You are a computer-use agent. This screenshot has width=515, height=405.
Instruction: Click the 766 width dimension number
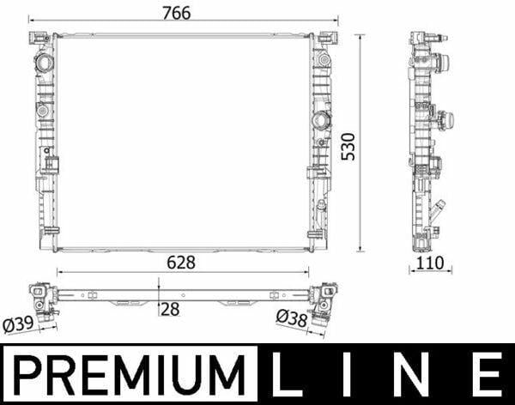177,13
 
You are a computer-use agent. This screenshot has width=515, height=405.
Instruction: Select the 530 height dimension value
348,147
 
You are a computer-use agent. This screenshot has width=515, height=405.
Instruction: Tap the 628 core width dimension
181,262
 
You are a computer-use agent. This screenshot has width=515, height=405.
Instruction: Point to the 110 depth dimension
430,263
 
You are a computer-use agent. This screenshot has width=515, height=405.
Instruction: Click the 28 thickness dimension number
171,309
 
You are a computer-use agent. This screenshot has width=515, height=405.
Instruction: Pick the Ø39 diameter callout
18,324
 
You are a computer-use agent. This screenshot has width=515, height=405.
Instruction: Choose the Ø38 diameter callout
292,318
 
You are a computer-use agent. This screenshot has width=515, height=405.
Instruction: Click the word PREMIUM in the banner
129,375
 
